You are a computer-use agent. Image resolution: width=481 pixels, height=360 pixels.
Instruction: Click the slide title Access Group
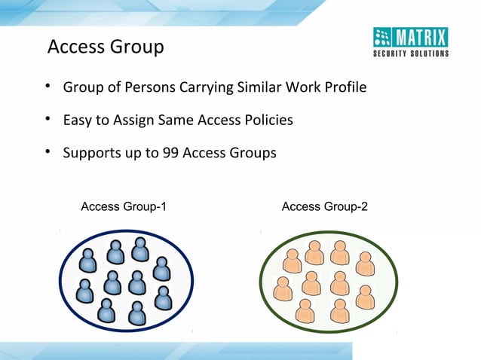click(x=106, y=47)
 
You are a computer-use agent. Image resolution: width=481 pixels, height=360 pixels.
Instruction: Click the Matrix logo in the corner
click(x=411, y=38)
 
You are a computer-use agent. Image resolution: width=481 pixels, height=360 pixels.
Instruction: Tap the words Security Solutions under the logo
click(x=411, y=53)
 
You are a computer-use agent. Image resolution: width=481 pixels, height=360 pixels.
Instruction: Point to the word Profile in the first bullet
click(x=345, y=88)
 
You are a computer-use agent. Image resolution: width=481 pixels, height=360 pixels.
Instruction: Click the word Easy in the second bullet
click(x=77, y=121)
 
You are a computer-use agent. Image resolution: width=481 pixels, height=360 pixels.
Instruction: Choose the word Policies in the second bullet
click(x=268, y=121)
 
